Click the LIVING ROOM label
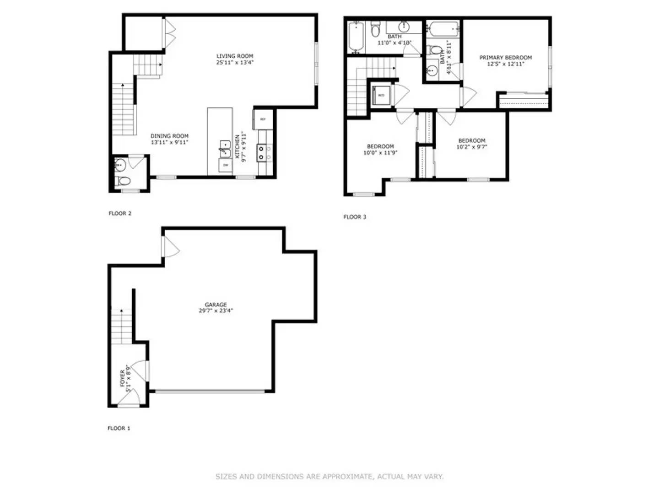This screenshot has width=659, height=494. click(x=235, y=56)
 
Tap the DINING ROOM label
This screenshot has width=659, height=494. click(x=169, y=136)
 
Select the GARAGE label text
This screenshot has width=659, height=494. click(x=216, y=305)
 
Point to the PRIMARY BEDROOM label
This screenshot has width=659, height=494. click(x=505, y=58)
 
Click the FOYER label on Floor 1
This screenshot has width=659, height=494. click(x=122, y=378)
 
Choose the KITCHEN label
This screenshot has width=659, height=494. click(x=238, y=146)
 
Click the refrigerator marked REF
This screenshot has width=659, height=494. click(x=263, y=119)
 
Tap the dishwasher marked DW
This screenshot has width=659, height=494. click(x=225, y=165)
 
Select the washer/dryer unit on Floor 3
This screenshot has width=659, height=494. click(x=381, y=95)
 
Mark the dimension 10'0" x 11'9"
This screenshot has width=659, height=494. click(x=380, y=153)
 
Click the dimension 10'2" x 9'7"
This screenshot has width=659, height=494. click(x=471, y=147)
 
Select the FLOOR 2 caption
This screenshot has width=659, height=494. click(x=120, y=213)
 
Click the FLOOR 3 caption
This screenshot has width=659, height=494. click(x=355, y=217)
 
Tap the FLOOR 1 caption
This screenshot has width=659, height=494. click(x=119, y=428)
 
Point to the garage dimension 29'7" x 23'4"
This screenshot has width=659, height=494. click(x=216, y=311)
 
